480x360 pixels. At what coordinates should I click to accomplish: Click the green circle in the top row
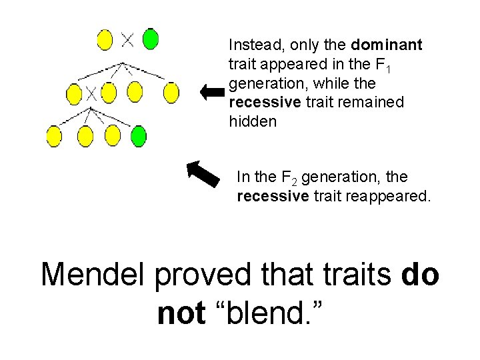[x=151, y=39]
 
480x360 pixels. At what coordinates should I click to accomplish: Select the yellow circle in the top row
[x=105, y=39]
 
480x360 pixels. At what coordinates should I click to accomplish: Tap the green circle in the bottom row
[x=138, y=136]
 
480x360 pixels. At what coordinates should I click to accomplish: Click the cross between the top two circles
[x=127, y=39]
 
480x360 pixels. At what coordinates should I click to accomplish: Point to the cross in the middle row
[x=91, y=93]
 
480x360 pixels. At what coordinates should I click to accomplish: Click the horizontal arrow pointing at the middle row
[x=213, y=93]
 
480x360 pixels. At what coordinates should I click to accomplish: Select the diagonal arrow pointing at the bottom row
[x=203, y=173]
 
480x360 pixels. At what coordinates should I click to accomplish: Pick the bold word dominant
[x=387, y=45]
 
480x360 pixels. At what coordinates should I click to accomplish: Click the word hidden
[x=253, y=122]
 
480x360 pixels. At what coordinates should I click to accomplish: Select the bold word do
[x=421, y=275]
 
